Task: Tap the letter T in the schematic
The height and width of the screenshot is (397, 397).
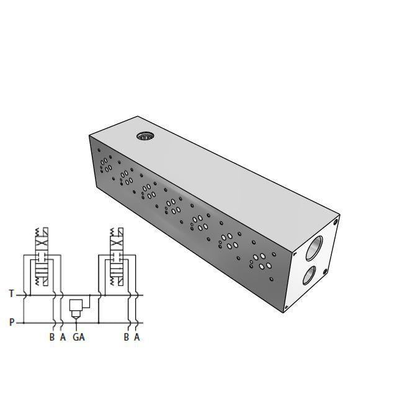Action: coord(11,293)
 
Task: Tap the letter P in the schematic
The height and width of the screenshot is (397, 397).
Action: coord(11,322)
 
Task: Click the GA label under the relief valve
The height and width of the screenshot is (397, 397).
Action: coord(78,337)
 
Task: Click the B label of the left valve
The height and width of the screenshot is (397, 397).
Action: coord(52,337)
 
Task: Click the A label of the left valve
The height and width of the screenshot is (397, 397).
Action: coord(63,337)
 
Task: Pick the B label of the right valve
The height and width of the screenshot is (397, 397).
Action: coord(127,337)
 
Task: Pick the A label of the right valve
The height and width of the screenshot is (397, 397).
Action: coord(137,337)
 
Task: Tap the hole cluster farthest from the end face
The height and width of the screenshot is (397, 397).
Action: coord(105,163)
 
